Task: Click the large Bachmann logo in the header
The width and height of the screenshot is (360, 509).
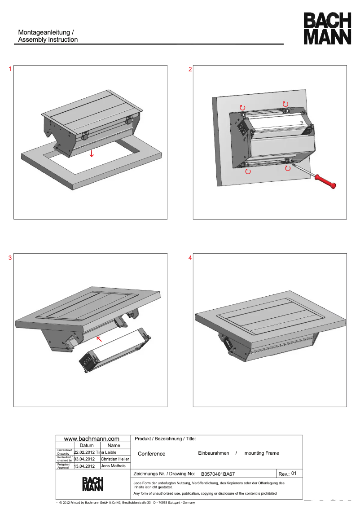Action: (x=327, y=29)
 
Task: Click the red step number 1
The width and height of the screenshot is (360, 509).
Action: (x=10, y=69)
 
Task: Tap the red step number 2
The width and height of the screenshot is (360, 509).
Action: (x=190, y=69)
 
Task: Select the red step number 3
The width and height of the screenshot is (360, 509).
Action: (x=10, y=258)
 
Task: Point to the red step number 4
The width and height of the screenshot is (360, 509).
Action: (x=190, y=258)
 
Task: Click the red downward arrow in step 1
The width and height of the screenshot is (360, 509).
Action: (x=92, y=153)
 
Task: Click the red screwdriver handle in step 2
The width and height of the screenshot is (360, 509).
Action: (x=325, y=181)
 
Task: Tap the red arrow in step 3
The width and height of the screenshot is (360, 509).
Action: (x=99, y=339)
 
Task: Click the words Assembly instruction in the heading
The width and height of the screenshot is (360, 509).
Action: (x=48, y=39)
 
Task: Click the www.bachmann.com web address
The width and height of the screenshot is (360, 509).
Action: (x=92, y=439)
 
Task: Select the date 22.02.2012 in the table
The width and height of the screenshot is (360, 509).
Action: (x=84, y=452)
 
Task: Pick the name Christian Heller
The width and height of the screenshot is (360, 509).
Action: (x=115, y=459)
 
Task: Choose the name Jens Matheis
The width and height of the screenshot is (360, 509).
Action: (x=113, y=466)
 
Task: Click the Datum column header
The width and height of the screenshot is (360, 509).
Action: (x=87, y=445)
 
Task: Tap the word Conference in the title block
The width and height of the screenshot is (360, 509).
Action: (x=152, y=454)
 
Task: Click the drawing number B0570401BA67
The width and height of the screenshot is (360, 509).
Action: (x=218, y=474)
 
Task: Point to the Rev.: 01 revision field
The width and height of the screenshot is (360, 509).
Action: (x=287, y=474)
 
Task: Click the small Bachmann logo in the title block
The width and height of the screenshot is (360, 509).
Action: (x=93, y=484)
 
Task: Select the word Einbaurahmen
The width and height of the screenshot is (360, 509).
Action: (x=214, y=453)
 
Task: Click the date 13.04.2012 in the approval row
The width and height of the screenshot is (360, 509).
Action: (x=84, y=466)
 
